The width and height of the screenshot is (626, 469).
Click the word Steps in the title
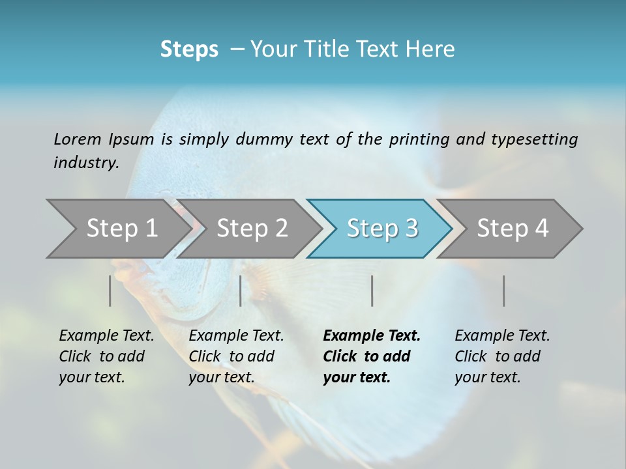[x=189, y=50]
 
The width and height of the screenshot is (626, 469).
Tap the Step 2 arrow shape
[x=252, y=229]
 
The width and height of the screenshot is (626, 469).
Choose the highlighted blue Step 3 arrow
[x=381, y=229]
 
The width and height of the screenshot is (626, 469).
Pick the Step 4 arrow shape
[x=512, y=229]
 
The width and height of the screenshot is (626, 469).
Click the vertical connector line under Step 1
[x=110, y=291]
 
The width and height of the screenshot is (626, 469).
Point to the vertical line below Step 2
[x=241, y=291]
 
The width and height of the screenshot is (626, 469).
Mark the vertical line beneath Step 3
[x=372, y=291]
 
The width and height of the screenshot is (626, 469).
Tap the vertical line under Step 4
[x=503, y=291]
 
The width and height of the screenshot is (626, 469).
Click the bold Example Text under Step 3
[x=370, y=356]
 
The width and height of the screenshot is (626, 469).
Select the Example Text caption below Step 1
[x=106, y=356]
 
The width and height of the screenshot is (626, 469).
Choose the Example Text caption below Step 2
[x=235, y=356]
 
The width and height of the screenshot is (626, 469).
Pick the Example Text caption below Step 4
[x=501, y=356]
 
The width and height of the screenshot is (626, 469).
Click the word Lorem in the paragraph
[x=78, y=139]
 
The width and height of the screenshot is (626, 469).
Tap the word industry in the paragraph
[x=85, y=163]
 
